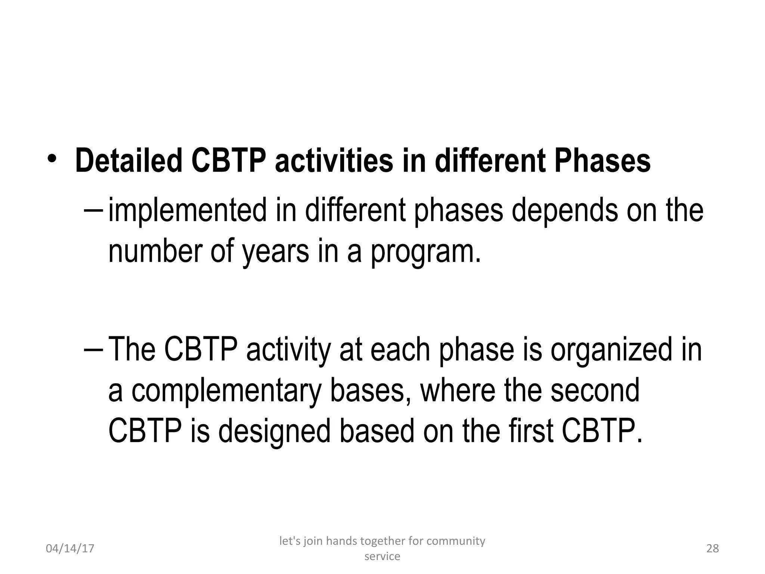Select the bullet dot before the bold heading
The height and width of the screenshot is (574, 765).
[x=52, y=159]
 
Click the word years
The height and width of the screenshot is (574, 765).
[x=276, y=253]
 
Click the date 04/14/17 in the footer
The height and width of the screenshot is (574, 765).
[x=70, y=549]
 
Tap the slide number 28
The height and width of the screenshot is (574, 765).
[x=713, y=548]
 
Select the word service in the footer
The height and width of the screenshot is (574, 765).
[x=382, y=556]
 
